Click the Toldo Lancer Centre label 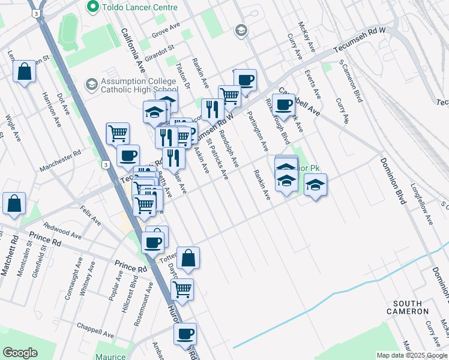coord(139,7)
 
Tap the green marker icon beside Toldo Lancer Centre coord(92,7)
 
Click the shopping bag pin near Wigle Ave coord(14,203)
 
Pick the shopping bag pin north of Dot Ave coord(24,72)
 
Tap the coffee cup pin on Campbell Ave coord(284,105)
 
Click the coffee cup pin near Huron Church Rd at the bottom coord(185,334)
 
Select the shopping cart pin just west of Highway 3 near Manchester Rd coord(118,133)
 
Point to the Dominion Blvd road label coord(391,181)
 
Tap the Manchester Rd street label coord(60,161)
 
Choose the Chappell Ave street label coord(95,329)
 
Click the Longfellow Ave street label coord(421,204)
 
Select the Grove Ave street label coord(166,30)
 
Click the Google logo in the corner coord(20,353)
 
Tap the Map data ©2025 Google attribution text coord(412,355)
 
